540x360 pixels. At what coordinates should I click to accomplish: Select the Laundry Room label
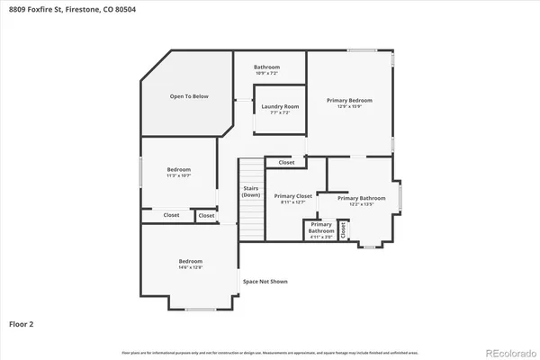pos(279,107)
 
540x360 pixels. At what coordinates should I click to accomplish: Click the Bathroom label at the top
pos(266,67)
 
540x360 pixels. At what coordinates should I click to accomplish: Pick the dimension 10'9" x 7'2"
pos(266,73)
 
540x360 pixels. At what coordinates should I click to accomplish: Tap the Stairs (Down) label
pos(251,192)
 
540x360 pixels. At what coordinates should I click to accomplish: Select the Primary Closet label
pos(292,195)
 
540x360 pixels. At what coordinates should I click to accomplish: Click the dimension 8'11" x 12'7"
pos(292,202)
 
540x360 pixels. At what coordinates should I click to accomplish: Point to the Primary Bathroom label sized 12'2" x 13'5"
pos(361,198)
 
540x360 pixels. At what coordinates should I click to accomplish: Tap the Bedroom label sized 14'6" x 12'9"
pos(190,261)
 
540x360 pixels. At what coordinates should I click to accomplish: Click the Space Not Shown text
pos(265,282)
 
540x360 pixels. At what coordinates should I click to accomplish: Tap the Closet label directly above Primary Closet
pos(286,163)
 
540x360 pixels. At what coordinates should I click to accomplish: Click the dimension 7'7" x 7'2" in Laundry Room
pos(279,113)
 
